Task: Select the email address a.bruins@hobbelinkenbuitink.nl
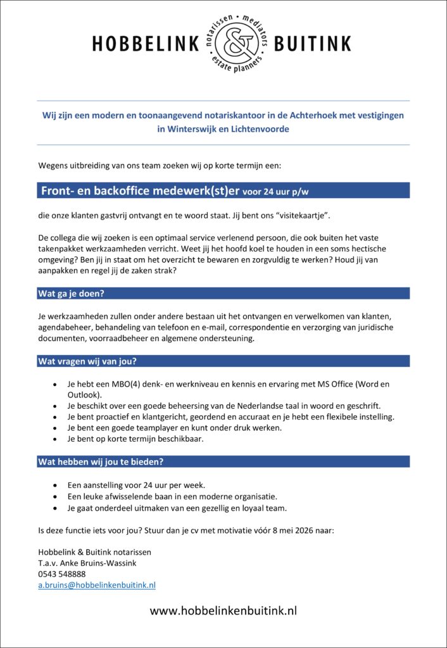tap(97, 585)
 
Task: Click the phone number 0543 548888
tap(62, 574)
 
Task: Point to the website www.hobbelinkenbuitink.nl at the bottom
tap(223, 611)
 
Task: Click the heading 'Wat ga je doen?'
tap(71, 293)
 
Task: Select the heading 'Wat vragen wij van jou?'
tap(87, 361)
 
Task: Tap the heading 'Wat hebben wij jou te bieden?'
tap(101, 461)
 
